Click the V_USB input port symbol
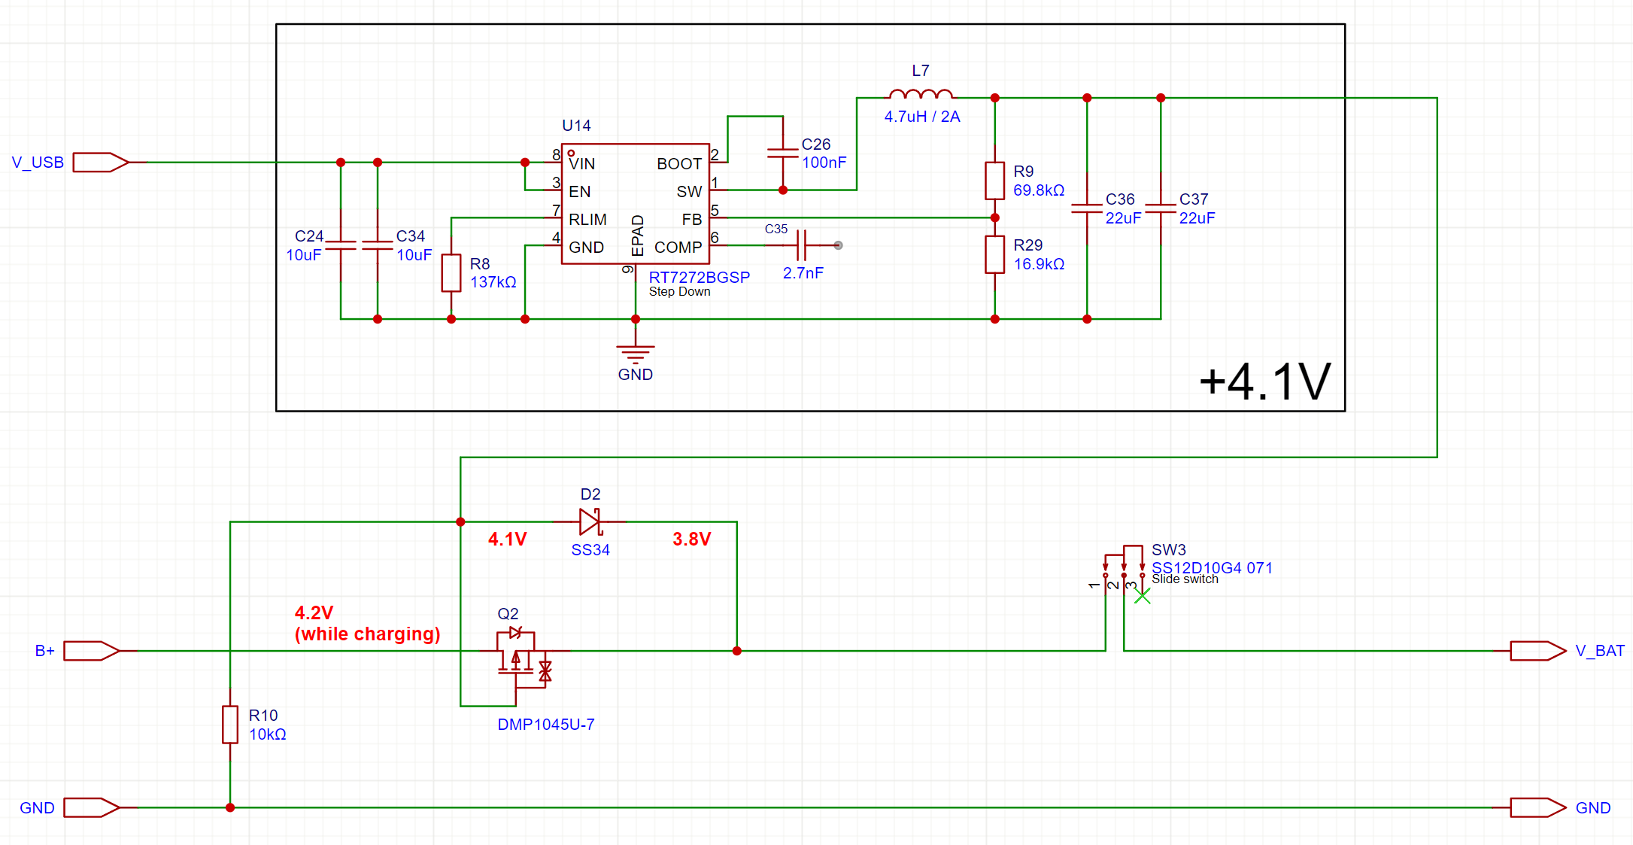[x=100, y=163]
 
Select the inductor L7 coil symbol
[x=921, y=95]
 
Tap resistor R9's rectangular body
[x=994, y=181]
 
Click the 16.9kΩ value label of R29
[x=1039, y=264]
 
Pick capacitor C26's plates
[x=782, y=153]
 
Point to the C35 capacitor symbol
[x=802, y=245]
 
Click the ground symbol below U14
[x=636, y=352]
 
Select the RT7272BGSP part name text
[x=699, y=278]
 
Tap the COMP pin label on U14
[x=678, y=248]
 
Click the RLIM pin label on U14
[x=587, y=220]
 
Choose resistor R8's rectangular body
[x=451, y=272]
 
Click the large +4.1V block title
[x=1264, y=381]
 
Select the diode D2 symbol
[x=590, y=521]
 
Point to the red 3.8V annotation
[x=691, y=540]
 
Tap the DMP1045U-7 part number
[x=545, y=725]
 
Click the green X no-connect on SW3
[x=1142, y=597]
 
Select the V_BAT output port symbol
[x=1537, y=651]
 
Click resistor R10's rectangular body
[x=230, y=725]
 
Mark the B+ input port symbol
[x=91, y=651]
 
